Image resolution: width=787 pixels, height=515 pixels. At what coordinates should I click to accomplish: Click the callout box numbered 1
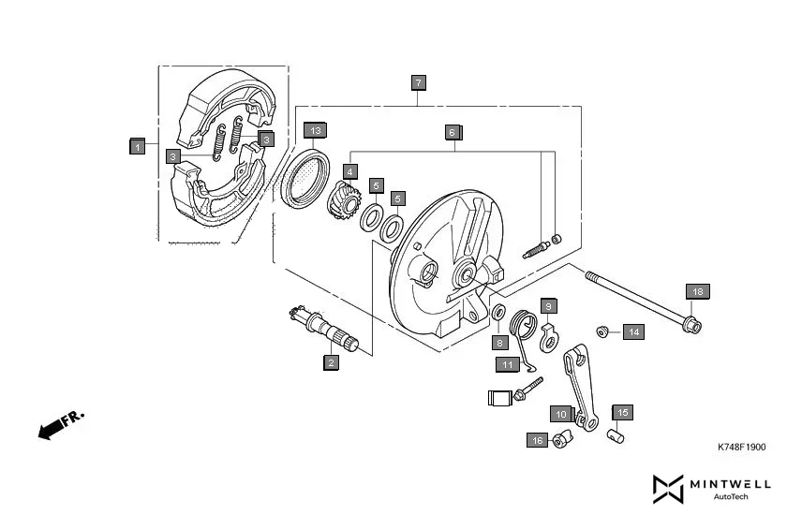[x=137, y=146]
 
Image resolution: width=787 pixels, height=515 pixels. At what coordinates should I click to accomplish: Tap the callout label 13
[x=315, y=130]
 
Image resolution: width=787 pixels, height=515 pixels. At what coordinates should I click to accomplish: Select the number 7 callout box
[x=418, y=82]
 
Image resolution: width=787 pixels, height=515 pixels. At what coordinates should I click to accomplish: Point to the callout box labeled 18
[x=697, y=291]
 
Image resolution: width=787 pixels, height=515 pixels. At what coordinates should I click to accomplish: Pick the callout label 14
[x=634, y=331]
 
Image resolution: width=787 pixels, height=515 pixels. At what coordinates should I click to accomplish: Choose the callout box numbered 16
[x=537, y=440]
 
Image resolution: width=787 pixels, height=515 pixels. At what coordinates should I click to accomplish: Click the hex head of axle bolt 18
[x=692, y=326]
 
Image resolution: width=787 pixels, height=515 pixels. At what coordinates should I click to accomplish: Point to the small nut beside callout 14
[x=604, y=330]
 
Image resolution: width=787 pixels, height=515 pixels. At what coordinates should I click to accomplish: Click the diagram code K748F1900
[x=741, y=448]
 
